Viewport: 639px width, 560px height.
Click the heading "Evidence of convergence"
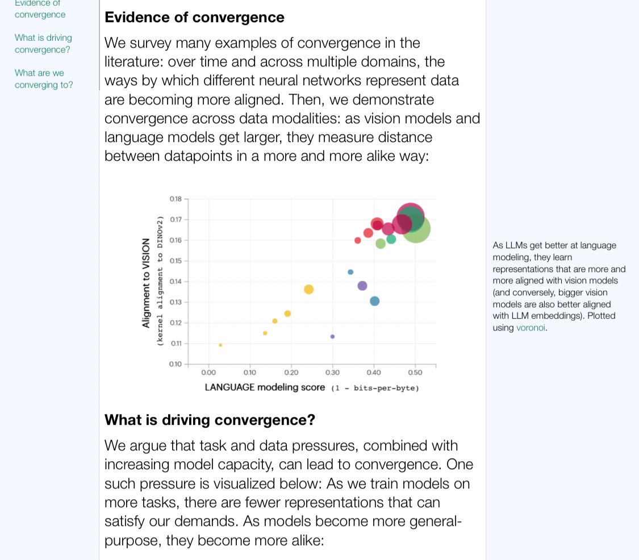[194, 17]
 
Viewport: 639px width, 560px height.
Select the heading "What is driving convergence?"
[210, 420]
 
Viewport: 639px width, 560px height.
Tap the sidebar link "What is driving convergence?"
[43, 43]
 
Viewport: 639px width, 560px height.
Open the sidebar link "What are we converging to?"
[44, 79]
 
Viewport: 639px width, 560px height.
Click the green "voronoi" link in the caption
[531, 328]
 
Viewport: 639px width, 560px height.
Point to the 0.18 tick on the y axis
[175, 199]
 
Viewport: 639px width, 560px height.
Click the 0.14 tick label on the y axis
[175, 282]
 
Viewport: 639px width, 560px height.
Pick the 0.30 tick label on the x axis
[332, 373]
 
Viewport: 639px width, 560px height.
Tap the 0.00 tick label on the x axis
[208, 373]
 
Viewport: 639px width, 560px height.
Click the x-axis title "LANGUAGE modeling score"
[265, 387]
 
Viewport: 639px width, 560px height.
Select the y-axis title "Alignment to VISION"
[147, 282]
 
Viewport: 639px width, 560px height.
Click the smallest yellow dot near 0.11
[220, 345]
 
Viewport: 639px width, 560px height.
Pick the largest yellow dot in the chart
[308, 290]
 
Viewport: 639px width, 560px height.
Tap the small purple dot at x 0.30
[332, 337]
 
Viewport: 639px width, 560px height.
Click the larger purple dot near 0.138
[362, 286]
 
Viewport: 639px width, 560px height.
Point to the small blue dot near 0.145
[350, 272]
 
